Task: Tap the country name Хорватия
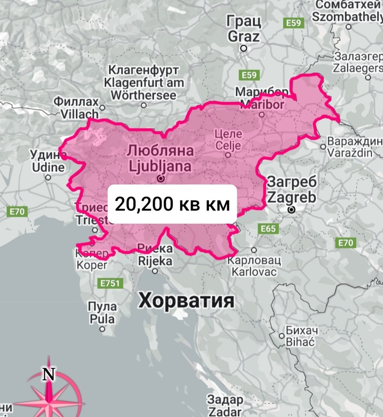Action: pos(186,300)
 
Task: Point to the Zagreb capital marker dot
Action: pos(292,209)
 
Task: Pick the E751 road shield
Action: pos(110,283)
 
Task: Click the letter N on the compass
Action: pos(49,374)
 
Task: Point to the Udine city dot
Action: pos(48,177)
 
